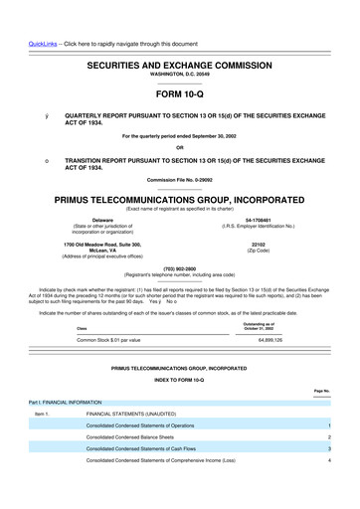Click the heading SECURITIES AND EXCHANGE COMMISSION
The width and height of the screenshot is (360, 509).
pos(179,63)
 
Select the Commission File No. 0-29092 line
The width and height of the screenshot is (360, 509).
pos(179,179)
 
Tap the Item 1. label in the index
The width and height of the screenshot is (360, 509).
pos(42,413)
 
